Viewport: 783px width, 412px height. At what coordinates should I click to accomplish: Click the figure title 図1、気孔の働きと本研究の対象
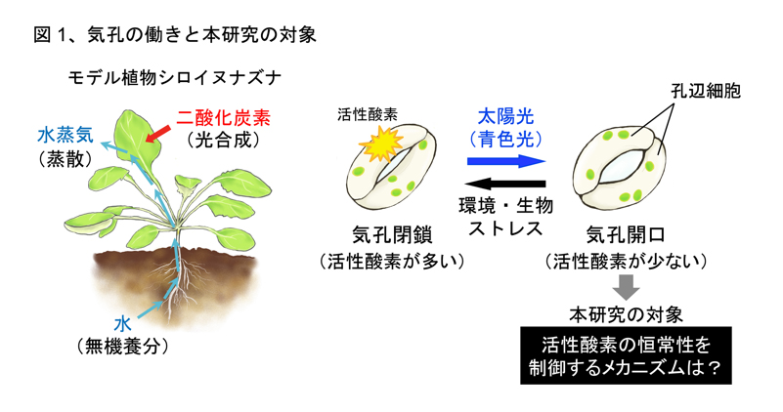[175, 35]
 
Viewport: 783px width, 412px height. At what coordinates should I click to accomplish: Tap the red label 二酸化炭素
[223, 118]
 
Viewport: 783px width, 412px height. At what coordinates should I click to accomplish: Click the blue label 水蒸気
[65, 135]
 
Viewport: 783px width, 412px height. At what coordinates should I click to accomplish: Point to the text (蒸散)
[65, 158]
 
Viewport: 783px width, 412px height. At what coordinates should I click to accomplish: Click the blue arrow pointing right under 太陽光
[506, 161]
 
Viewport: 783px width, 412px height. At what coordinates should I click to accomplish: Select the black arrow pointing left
[504, 185]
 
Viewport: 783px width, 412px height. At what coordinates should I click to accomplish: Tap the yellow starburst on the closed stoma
[380, 144]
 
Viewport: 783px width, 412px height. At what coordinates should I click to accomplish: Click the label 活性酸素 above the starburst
[368, 115]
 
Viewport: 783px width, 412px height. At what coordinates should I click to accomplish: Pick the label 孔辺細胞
[706, 91]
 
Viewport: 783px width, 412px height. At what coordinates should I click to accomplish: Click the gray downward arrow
[626, 286]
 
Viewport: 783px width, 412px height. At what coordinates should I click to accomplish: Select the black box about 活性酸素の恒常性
[626, 355]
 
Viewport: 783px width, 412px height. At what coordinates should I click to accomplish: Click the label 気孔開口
[626, 234]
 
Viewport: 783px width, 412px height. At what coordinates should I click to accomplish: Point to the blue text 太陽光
[505, 116]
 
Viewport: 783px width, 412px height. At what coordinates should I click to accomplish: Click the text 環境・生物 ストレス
[505, 216]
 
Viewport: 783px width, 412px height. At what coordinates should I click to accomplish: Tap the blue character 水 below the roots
[122, 324]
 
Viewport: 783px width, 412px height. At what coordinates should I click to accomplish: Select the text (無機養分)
[122, 346]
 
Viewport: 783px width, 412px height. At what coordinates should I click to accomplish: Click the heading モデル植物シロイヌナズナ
[174, 78]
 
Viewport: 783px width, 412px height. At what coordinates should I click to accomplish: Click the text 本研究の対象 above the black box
[626, 314]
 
